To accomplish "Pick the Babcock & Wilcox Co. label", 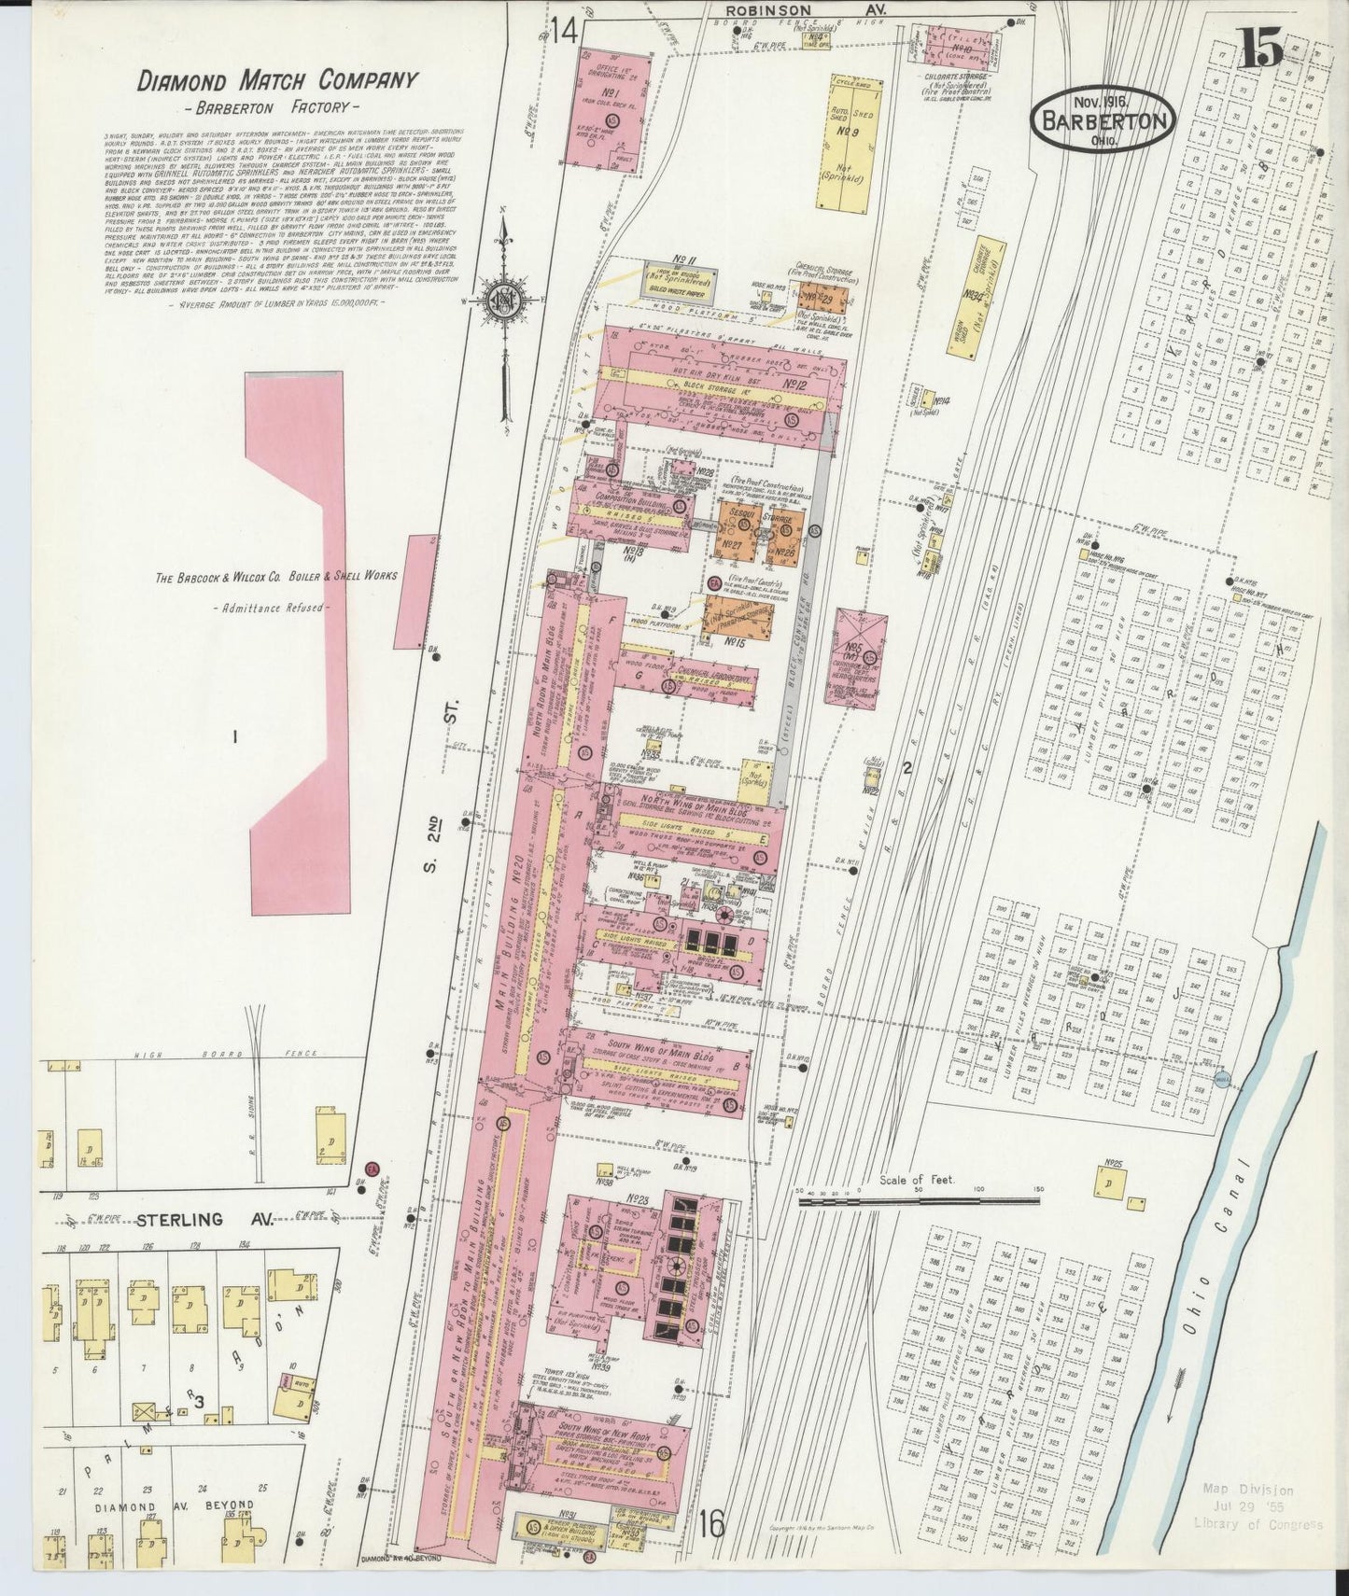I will (x=275, y=576).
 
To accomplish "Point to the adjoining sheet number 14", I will (x=564, y=32).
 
